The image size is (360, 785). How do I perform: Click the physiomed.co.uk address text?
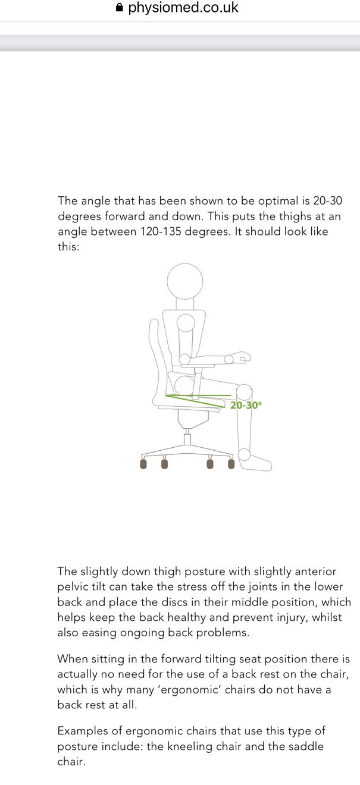pos(183,8)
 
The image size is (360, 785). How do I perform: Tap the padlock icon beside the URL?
pos(120,8)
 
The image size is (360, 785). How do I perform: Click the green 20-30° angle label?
pos(246,405)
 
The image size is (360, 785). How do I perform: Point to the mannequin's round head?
pos(184,281)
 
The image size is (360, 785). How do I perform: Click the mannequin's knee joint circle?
pos(244,392)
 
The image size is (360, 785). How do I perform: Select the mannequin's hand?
pos(242,357)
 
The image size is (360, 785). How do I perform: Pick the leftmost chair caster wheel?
pos(143,464)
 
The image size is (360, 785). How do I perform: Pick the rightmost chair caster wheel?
pos(231,464)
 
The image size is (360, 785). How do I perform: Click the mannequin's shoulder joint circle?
pos(186,323)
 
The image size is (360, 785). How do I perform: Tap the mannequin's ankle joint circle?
pos(244,455)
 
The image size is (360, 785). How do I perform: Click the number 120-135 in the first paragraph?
pos(163,232)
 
